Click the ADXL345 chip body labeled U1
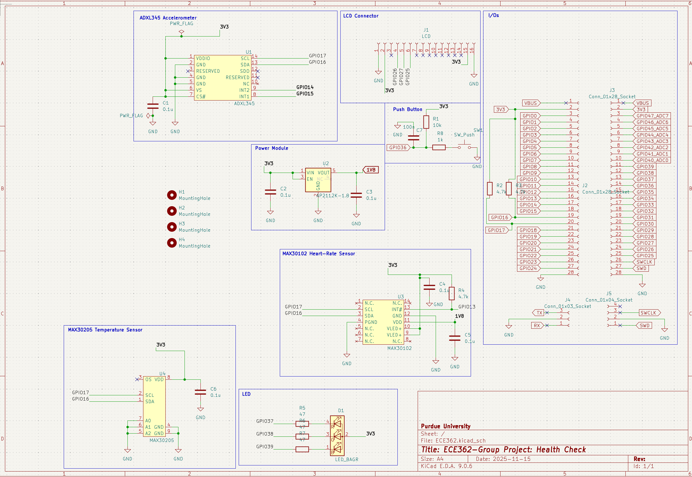pyautogui.click(x=223, y=77)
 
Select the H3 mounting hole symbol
pyautogui.click(x=171, y=227)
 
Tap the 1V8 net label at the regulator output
pyautogui.click(x=371, y=170)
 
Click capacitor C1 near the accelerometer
pyautogui.click(x=153, y=106)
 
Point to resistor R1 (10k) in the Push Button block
pyautogui.click(x=426, y=122)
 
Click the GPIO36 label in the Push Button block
pyautogui.click(x=398, y=147)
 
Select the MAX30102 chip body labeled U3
pyautogui.click(x=383, y=322)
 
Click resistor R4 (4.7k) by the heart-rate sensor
pyautogui.click(x=452, y=293)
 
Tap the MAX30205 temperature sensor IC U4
pyautogui.click(x=154, y=406)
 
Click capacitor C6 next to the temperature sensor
pyautogui.click(x=200, y=392)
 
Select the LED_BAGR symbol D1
pyautogui.click(x=337, y=436)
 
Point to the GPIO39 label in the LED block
pyautogui.click(x=264, y=447)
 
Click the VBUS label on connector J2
pyautogui.click(x=531, y=103)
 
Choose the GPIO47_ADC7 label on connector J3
pyautogui.click(x=652, y=116)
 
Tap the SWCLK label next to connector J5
pyautogui.click(x=648, y=313)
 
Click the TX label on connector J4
pyautogui.click(x=539, y=313)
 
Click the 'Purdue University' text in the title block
pyautogui.click(x=445, y=426)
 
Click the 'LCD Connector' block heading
pyautogui.click(x=361, y=16)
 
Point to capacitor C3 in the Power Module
pyautogui.click(x=356, y=195)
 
